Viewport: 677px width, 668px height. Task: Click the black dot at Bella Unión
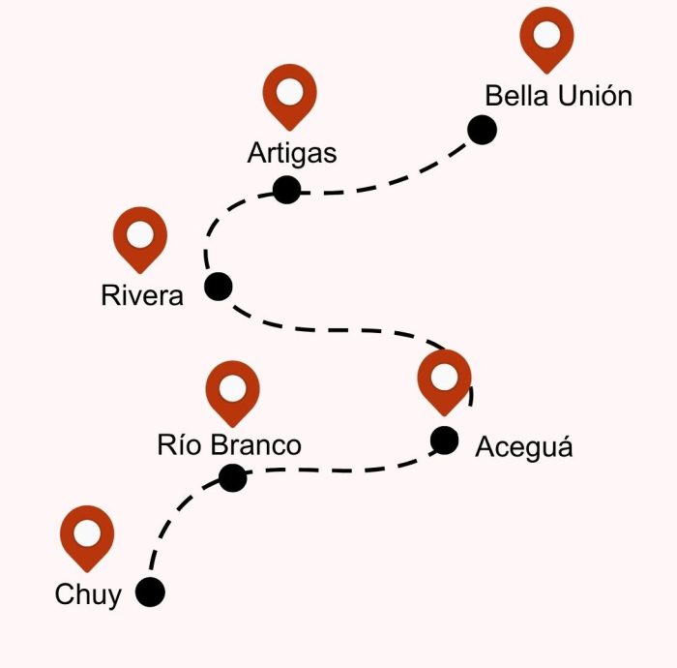pyautogui.click(x=482, y=130)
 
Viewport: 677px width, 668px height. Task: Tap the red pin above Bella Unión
pyautogui.click(x=546, y=37)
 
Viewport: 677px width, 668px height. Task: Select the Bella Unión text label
pyautogui.click(x=558, y=97)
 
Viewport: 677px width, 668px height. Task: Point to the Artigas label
pyautogui.click(x=291, y=153)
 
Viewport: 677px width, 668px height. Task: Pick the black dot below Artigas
pyautogui.click(x=286, y=190)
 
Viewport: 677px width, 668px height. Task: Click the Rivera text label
pyautogui.click(x=142, y=295)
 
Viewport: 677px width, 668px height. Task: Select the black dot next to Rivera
pyautogui.click(x=219, y=287)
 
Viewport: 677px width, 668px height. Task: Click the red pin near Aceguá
pyautogui.click(x=445, y=380)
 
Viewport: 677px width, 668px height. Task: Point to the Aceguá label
pyautogui.click(x=524, y=447)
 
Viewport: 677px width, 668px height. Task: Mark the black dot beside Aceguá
pyautogui.click(x=444, y=440)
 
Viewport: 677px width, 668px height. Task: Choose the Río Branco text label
pyautogui.click(x=229, y=445)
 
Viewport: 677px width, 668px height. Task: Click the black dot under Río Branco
pyautogui.click(x=232, y=477)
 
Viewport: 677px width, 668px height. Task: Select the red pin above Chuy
pyautogui.click(x=87, y=535)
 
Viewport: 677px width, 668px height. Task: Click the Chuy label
pyautogui.click(x=88, y=594)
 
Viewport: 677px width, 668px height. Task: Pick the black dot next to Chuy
pyautogui.click(x=150, y=592)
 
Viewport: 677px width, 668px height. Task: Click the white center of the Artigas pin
pyautogui.click(x=290, y=92)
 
